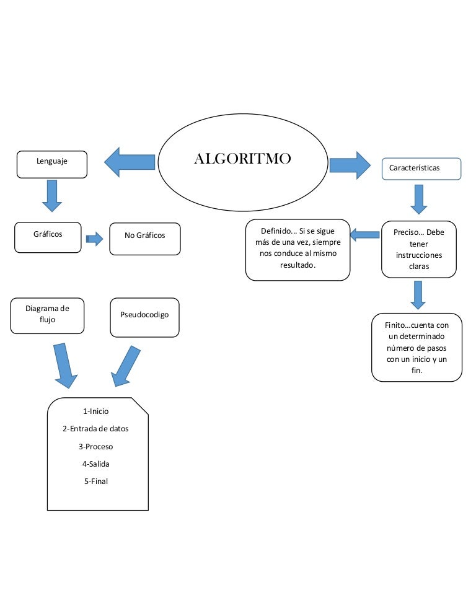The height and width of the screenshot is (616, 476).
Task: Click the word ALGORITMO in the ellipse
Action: [242, 159]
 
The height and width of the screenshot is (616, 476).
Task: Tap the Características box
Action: [421, 169]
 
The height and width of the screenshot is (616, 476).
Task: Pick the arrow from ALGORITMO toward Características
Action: [350, 165]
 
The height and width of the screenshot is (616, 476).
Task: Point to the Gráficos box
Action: [48, 237]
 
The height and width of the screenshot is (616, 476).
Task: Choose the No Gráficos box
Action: [145, 239]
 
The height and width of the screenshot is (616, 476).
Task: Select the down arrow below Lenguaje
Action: [51, 195]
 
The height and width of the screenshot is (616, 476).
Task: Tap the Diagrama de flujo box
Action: [47, 315]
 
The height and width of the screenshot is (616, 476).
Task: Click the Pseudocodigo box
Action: [144, 317]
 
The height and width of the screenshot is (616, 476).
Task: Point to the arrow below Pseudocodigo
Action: [126, 366]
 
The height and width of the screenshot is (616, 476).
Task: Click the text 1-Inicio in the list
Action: [95, 411]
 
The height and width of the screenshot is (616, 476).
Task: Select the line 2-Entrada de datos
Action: [95, 428]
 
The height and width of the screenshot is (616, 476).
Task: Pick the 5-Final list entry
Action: [95, 481]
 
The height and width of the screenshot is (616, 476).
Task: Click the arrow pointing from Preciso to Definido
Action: [364, 234]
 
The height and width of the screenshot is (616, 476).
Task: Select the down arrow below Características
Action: [418, 200]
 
